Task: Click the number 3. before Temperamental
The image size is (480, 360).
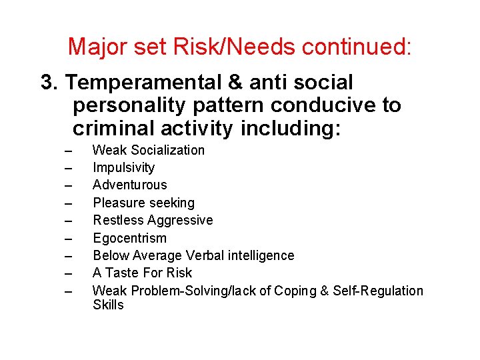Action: (x=51, y=83)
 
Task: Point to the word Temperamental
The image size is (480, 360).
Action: (x=144, y=83)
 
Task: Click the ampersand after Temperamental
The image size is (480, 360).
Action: (x=235, y=83)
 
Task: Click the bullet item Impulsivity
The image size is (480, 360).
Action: (x=123, y=167)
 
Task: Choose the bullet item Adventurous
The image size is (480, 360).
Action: (x=129, y=185)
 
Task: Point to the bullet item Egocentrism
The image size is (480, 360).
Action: (x=129, y=238)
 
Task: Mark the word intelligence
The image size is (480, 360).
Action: (x=260, y=255)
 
